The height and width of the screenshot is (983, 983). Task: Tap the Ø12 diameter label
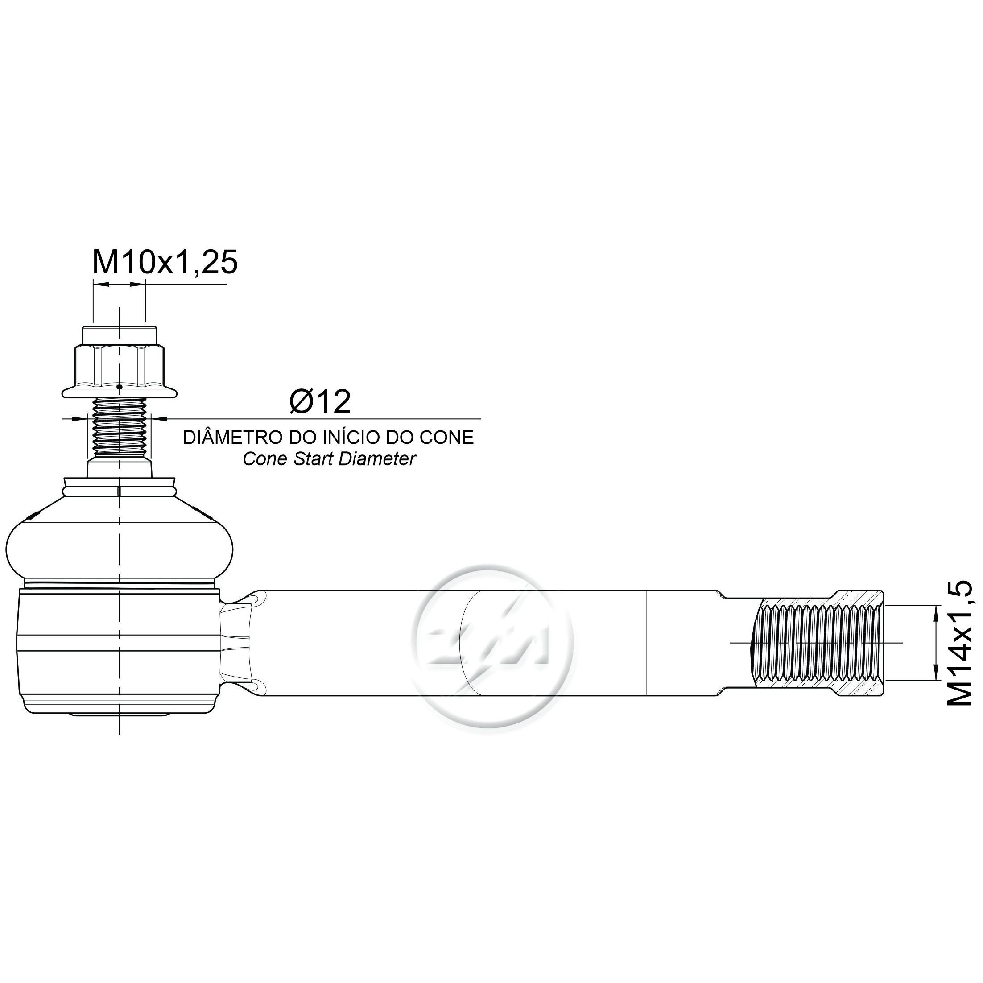(320, 402)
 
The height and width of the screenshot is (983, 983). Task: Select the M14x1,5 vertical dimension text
(960, 643)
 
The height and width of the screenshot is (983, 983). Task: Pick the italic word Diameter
(377, 459)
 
